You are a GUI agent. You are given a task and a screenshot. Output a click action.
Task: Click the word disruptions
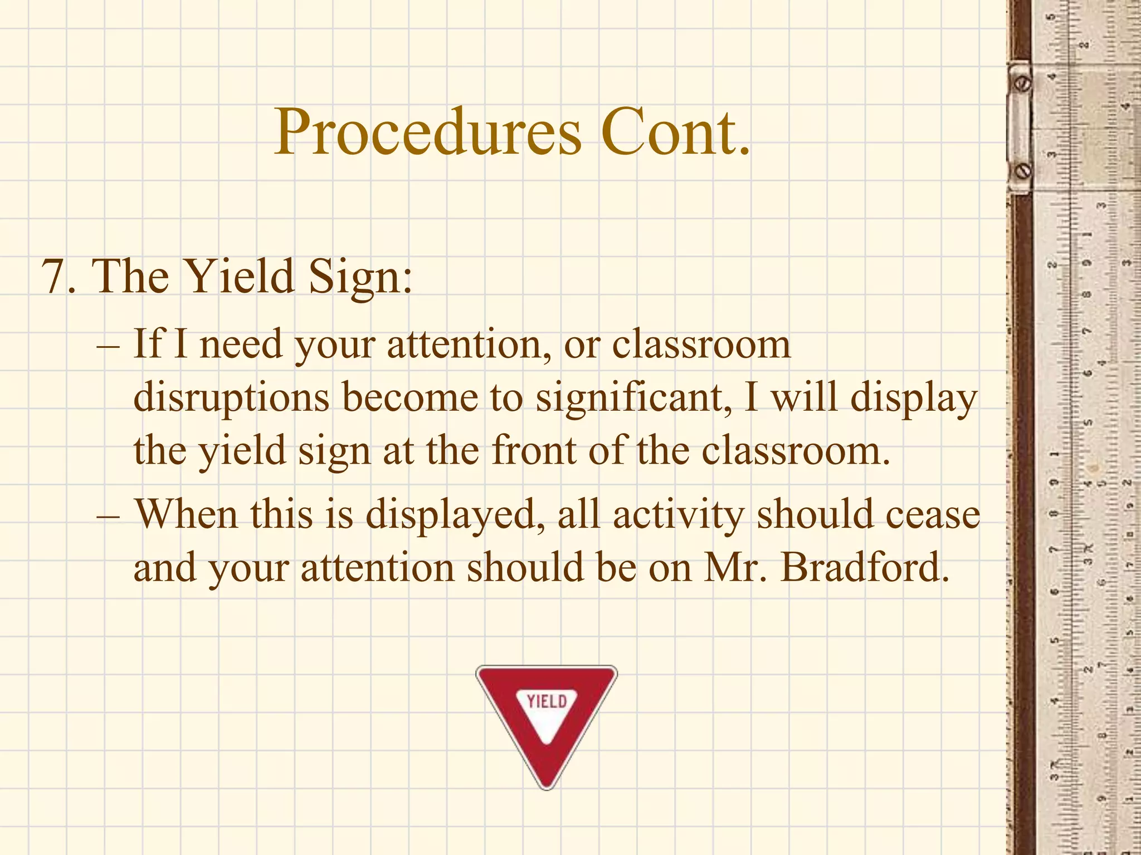(232, 399)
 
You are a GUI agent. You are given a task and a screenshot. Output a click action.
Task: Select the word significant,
(634, 399)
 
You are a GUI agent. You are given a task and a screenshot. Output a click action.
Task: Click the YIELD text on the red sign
(547, 701)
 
